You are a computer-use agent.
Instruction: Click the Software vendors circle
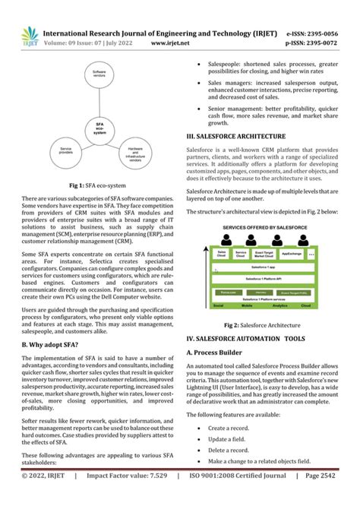99,74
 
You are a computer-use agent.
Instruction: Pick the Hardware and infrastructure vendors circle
134,154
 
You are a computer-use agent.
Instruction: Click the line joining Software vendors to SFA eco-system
99,99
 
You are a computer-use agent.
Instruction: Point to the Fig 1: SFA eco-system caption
98,186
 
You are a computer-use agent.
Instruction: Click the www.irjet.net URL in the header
170,44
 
